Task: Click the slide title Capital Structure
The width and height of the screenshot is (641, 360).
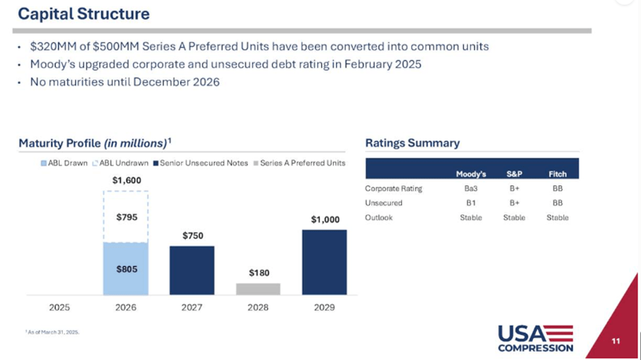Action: coord(83,13)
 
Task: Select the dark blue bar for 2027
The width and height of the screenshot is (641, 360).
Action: coord(192,270)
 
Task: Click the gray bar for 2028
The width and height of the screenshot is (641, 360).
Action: coord(258,289)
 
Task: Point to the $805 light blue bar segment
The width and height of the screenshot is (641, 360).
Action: coord(126,269)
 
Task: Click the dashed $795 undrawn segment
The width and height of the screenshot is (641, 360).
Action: coord(126,217)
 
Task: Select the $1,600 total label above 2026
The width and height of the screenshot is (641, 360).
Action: coord(126,180)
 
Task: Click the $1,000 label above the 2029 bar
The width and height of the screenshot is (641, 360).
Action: coord(325,219)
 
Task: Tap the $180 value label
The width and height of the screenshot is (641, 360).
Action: coord(258,273)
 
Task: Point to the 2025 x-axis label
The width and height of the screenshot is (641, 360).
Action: coord(60,307)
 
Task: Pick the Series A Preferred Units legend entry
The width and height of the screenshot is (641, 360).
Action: coord(298,163)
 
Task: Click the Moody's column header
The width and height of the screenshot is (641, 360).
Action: coord(471,174)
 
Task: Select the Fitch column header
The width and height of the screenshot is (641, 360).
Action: coord(558,174)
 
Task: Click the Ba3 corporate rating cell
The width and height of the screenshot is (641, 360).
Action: coord(471,189)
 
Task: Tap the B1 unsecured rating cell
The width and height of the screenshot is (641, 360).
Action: coord(471,203)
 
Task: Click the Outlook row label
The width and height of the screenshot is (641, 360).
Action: coord(379,217)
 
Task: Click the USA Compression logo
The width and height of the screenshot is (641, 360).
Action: coord(535,338)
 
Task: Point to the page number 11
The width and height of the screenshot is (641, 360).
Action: coord(615,341)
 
